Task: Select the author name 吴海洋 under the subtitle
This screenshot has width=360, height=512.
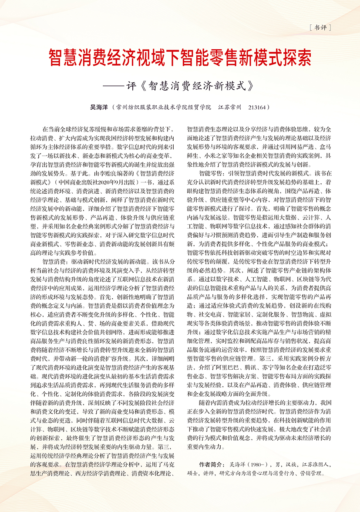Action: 98,107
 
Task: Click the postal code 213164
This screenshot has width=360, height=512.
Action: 256,107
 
